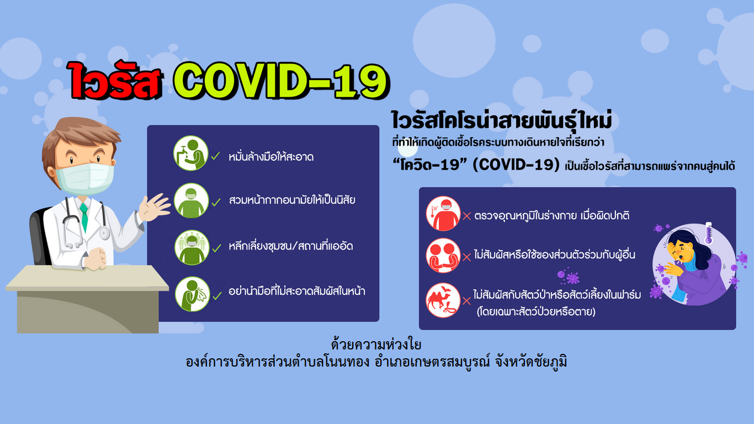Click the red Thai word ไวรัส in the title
[x=114, y=81]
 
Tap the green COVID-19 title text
[x=282, y=81]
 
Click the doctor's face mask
[x=85, y=178]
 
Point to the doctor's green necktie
[x=84, y=217]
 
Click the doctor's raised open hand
[x=154, y=207]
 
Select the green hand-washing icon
[x=191, y=153]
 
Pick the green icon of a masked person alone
[x=191, y=201]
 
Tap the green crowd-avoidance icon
[x=192, y=247]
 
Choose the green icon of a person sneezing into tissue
[x=192, y=294]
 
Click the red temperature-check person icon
[x=443, y=214]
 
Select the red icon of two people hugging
[x=443, y=256]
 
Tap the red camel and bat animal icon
[x=443, y=300]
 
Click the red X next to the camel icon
[x=466, y=301]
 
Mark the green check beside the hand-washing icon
[x=215, y=156]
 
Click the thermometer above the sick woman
[x=709, y=233]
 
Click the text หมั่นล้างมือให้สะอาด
[x=271, y=157]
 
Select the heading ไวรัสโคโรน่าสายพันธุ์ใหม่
[x=502, y=120]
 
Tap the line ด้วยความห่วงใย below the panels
[x=376, y=344]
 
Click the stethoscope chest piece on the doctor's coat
[x=104, y=233]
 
